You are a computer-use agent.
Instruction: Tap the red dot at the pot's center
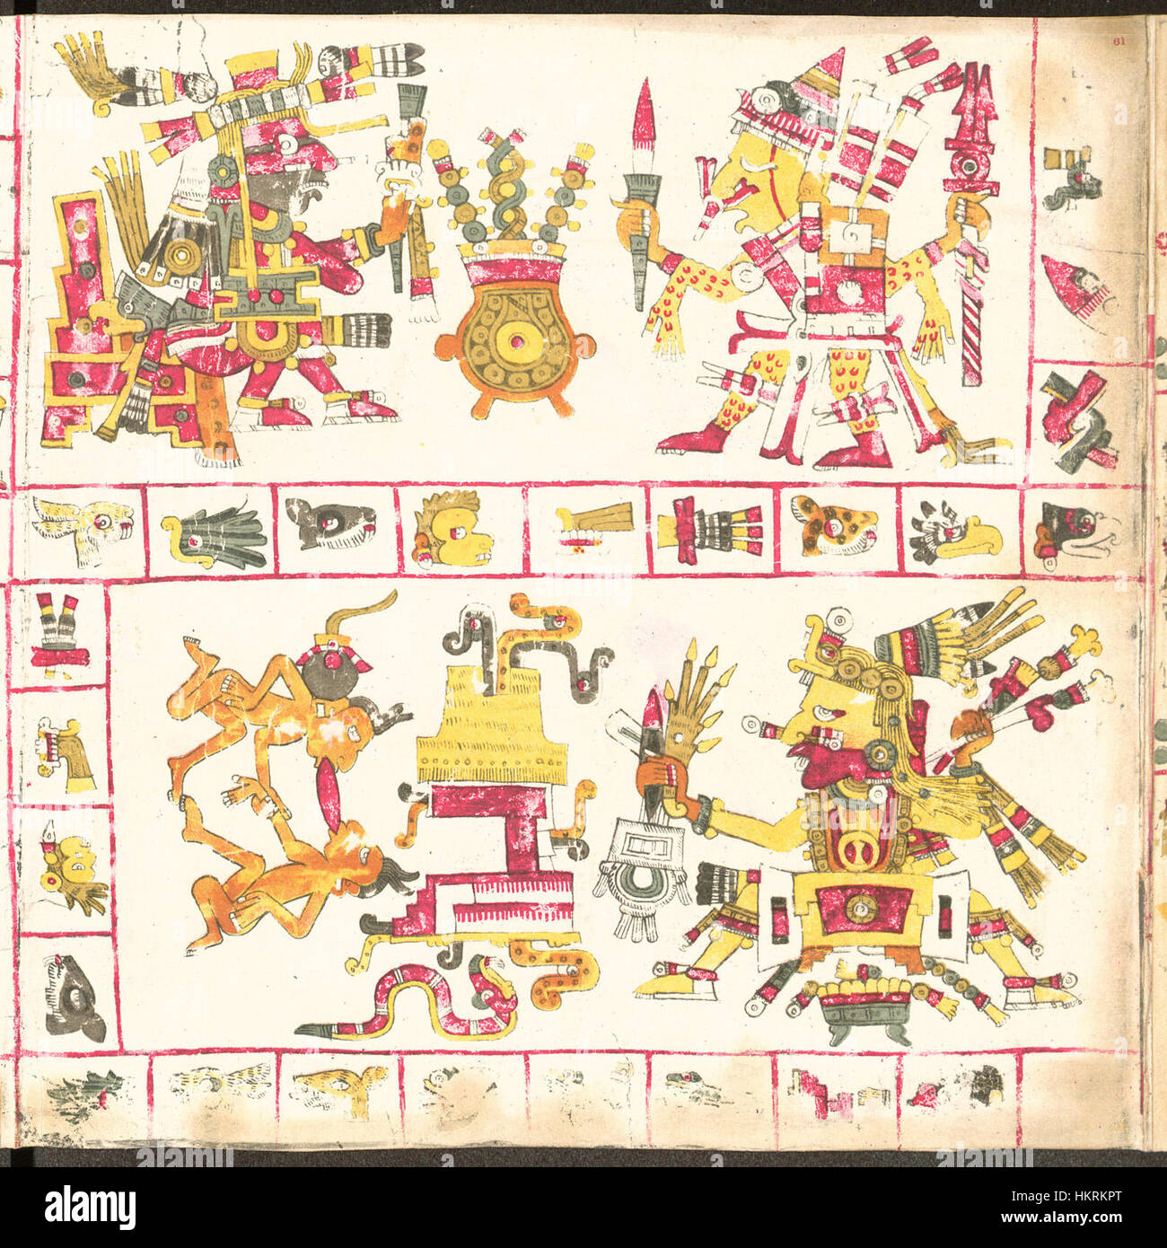click(x=514, y=346)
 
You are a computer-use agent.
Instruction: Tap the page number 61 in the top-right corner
click(x=1118, y=40)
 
